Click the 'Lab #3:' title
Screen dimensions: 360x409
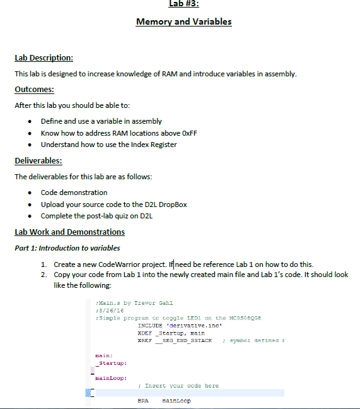[x=184, y=4]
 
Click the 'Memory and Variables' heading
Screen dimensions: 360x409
[x=184, y=22]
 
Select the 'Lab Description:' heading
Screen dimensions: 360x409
[x=44, y=59]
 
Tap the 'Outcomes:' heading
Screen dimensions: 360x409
[x=34, y=89]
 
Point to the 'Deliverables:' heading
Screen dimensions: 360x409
[x=38, y=161]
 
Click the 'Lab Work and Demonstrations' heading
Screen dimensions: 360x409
[x=69, y=232]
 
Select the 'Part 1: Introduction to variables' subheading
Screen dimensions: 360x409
[x=67, y=248]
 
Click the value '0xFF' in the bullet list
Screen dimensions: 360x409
[x=182, y=133]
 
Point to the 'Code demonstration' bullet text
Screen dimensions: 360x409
[x=74, y=193]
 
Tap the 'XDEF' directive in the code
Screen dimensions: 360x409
[x=144, y=331]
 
